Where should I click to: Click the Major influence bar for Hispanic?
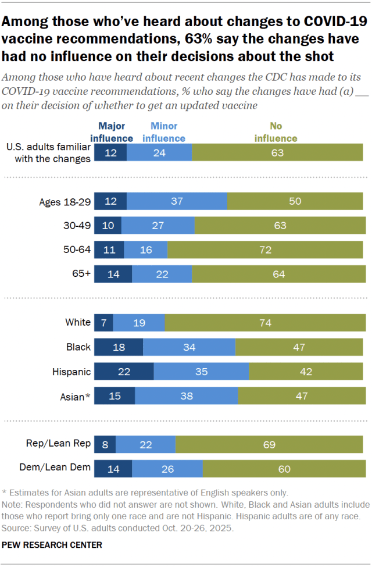[x=124, y=372]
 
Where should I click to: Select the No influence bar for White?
[x=266, y=322]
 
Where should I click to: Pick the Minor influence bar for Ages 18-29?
[x=177, y=201]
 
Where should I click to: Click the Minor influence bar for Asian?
[x=187, y=396]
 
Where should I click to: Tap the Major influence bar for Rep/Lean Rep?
[x=105, y=444]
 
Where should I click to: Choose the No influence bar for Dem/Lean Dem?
[x=283, y=469]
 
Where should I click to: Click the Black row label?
[x=78, y=347]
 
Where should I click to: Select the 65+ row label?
[x=81, y=274]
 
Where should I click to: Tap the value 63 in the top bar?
[x=278, y=152]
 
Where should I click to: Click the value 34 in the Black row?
[x=189, y=347]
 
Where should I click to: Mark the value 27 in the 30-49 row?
[x=158, y=225]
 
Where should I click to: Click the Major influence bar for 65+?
[x=113, y=274]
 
